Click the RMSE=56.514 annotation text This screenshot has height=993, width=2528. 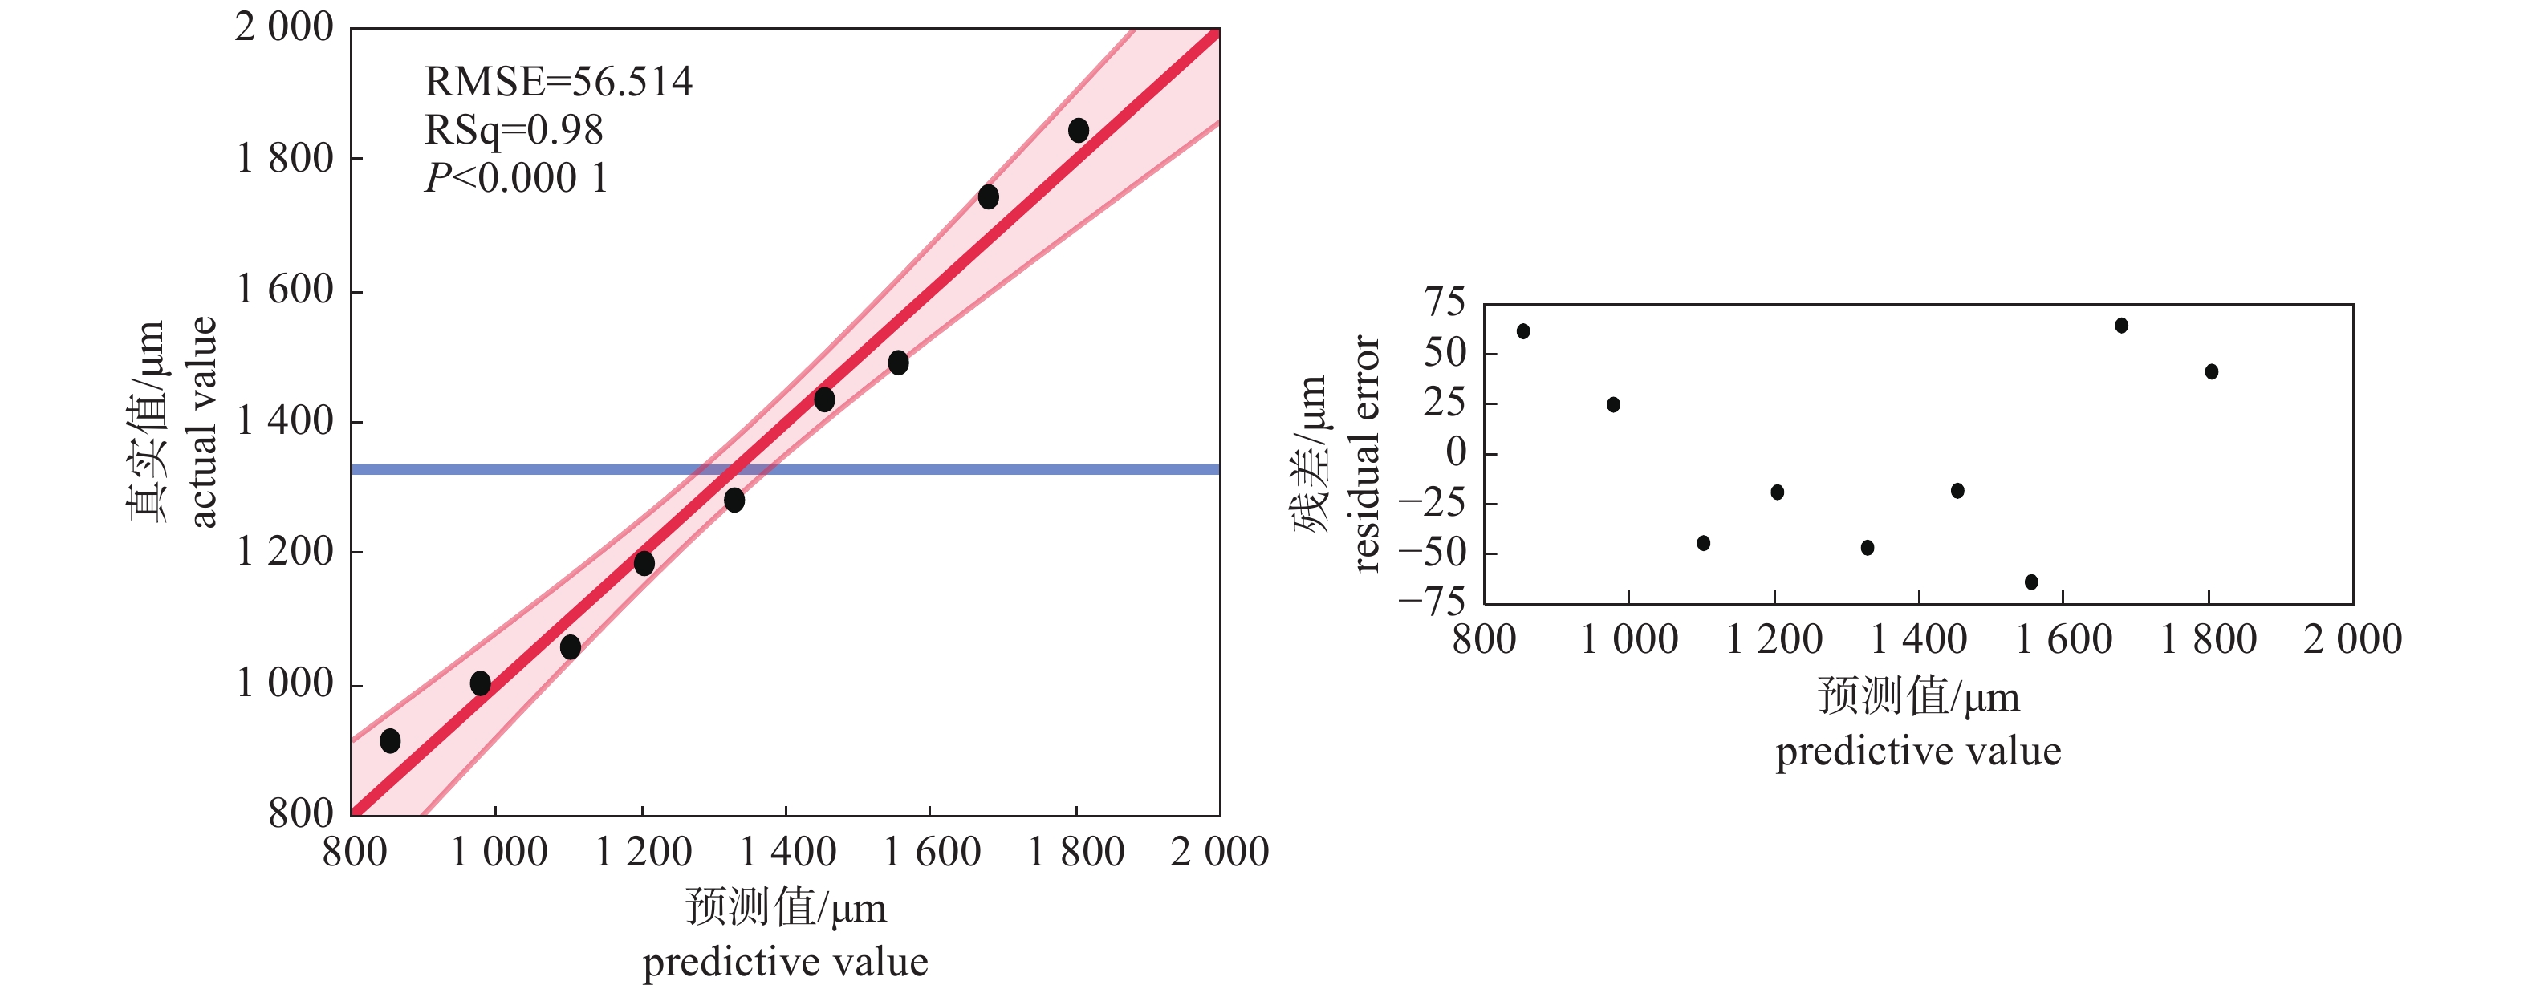click(x=558, y=82)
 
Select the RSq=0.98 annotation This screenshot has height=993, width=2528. click(x=514, y=129)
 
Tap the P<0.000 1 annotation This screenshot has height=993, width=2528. click(x=515, y=177)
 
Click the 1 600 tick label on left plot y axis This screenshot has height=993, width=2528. click(x=285, y=290)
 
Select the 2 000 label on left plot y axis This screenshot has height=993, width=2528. click(x=285, y=27)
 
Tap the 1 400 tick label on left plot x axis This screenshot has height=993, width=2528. click(x=787, y=852)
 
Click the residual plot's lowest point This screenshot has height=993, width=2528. click(x=2031, y=582)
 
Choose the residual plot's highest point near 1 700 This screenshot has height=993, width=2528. click(x=2122, y=326)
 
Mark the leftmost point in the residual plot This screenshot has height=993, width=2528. click(x=1523, y=331)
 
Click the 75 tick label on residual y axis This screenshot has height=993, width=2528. click(x=1445, y=303)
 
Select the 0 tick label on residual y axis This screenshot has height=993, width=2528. click(x=1457, y=452)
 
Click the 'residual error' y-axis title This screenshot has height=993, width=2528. click(x=1366, y=453)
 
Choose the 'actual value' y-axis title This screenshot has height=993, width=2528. click(x=202, y=422)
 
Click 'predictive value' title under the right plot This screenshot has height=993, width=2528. click(x=1919, y=752)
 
